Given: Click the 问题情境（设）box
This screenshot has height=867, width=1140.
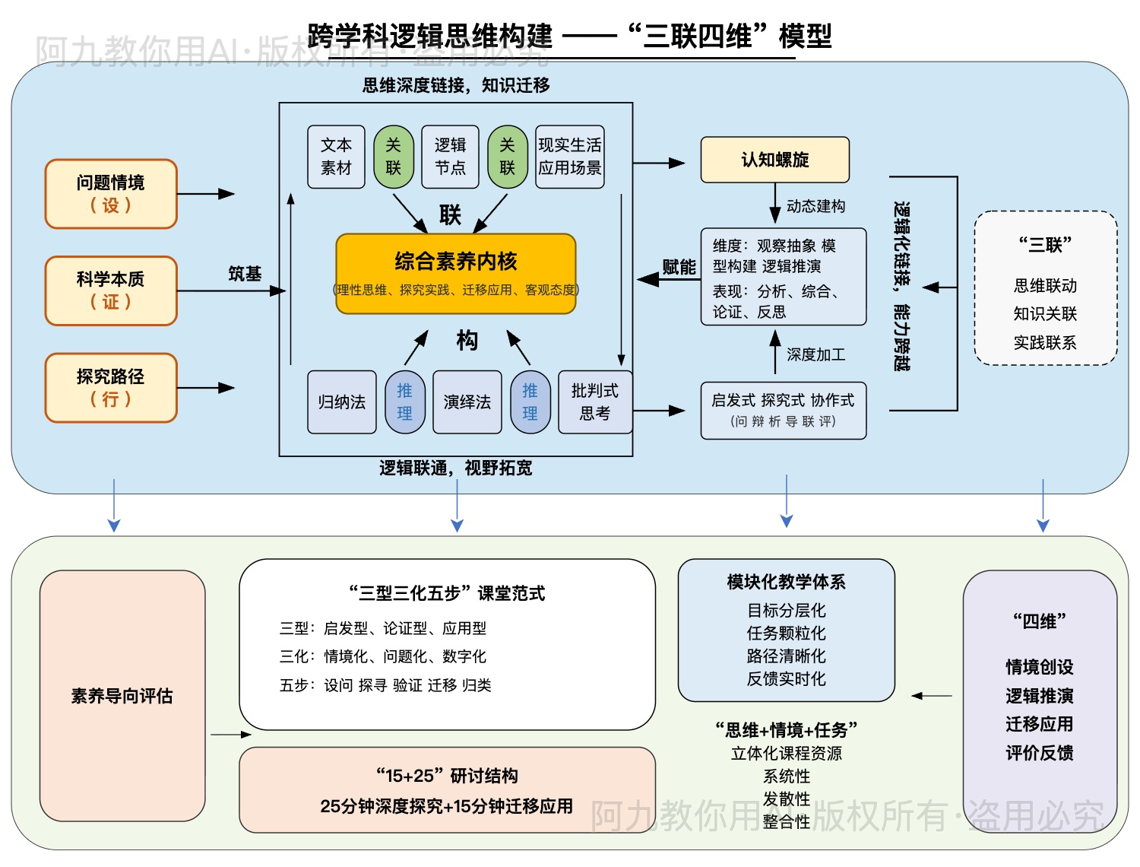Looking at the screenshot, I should pyautogui.click(x=111, y=194).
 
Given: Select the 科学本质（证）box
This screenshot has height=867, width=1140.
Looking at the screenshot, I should pyautogui.click(x=111, y=291).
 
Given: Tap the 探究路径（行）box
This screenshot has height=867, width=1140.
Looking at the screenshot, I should pyautogui.click(x=111, y=388).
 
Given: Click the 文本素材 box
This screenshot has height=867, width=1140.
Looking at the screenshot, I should pyautogui.click(x=336, y=157).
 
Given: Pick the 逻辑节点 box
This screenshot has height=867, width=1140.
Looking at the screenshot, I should pyautogui.click(x=450, y=157).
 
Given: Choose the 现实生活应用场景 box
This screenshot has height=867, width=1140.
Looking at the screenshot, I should pyautogui.click(x=569, y=157).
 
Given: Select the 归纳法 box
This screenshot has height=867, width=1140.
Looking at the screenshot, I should pyautogui.click(x=342, y=402).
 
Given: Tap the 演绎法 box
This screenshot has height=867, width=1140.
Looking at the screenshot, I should pyautogui.click(x=467, y=402).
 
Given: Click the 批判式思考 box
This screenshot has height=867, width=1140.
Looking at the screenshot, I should pyautogui.click(x=594, y=402).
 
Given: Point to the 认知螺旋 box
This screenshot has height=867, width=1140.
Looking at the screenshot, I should pyautogui.click(x=774, y=160).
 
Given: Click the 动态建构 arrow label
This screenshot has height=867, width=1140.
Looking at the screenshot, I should pyautogui.click(x=815, y=206).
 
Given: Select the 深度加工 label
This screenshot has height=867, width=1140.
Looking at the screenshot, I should pyautogui.click(x=815, y=354).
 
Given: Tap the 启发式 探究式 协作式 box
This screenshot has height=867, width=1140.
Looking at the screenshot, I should pyautogui.click(x=783, y=411).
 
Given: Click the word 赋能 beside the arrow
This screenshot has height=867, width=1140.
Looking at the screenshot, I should pyautogui.click(x=679, y=267).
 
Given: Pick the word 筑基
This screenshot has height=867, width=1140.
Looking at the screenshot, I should pyautogui.click(x=245, y=274).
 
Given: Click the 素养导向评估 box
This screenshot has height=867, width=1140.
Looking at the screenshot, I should pyautogui.click(x=122, y=696).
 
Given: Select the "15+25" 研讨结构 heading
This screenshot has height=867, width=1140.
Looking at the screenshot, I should pyautogui.click(x=447, y=776).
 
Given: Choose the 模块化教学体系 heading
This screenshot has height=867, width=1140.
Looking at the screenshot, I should pyautogui.click(x=786, y=582).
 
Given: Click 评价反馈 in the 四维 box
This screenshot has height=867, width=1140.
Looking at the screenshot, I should pyautogui.click(x=1039, y=753).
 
